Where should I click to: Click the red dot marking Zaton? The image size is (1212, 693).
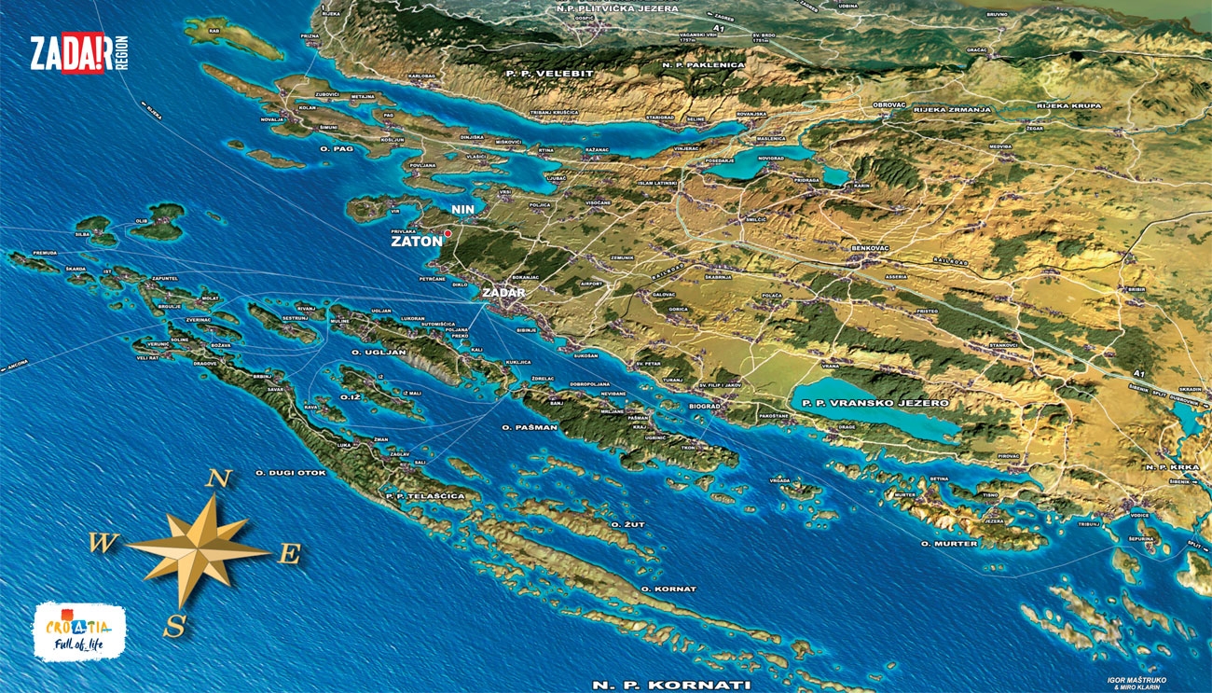point(448,233)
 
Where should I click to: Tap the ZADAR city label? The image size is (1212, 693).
point(503,293)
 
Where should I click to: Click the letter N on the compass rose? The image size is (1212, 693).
point(217,479)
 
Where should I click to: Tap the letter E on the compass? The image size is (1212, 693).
point(290,555)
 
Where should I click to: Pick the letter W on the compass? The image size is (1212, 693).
point(103,543)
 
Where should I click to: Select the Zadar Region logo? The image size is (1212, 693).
point(78,53)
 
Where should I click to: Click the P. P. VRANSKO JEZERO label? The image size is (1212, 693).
point(870,403)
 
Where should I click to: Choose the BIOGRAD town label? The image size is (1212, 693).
point(705,407)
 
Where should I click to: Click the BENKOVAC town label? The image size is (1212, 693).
point(871,248)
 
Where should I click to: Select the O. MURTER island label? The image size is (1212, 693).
point(949,543)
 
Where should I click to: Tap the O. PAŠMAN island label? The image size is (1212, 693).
point(530,427)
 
